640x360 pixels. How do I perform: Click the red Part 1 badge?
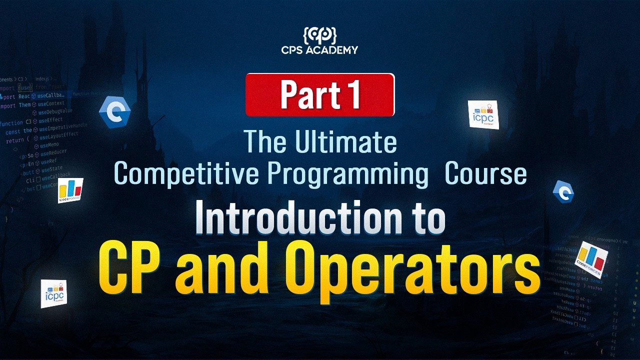320,94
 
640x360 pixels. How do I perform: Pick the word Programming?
348,173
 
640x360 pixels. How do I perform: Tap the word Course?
485,173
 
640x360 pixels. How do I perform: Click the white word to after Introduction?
424,218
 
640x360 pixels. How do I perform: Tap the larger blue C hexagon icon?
115,113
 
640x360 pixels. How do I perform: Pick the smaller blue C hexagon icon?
563,192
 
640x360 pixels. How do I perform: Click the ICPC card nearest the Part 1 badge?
483,114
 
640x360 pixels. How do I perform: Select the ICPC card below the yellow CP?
53,293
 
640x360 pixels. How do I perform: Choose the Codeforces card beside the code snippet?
70,190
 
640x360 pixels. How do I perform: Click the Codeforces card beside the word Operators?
591,258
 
